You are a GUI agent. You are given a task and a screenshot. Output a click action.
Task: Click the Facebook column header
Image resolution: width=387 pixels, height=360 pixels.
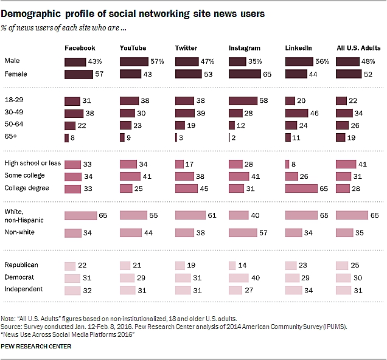[80, 47]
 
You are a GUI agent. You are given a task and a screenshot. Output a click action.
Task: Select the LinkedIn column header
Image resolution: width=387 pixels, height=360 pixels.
[299, 47]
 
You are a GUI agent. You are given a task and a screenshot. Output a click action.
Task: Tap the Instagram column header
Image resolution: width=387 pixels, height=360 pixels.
[245, 47]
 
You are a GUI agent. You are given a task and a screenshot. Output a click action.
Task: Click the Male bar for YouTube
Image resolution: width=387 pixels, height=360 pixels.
[134, 61]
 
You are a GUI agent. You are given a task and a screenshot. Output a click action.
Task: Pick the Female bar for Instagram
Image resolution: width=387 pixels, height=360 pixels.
[245, 74]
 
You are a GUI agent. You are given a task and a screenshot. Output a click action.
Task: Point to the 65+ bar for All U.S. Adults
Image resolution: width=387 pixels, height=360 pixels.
[340, 138]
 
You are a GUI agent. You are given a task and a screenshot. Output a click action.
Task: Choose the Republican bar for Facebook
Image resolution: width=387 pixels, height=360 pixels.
[70, 266]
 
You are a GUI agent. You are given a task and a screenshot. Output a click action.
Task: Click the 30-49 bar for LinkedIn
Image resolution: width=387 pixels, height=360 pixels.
[296, 113]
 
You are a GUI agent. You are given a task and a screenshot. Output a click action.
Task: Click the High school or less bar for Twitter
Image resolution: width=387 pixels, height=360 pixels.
[180, 164]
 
